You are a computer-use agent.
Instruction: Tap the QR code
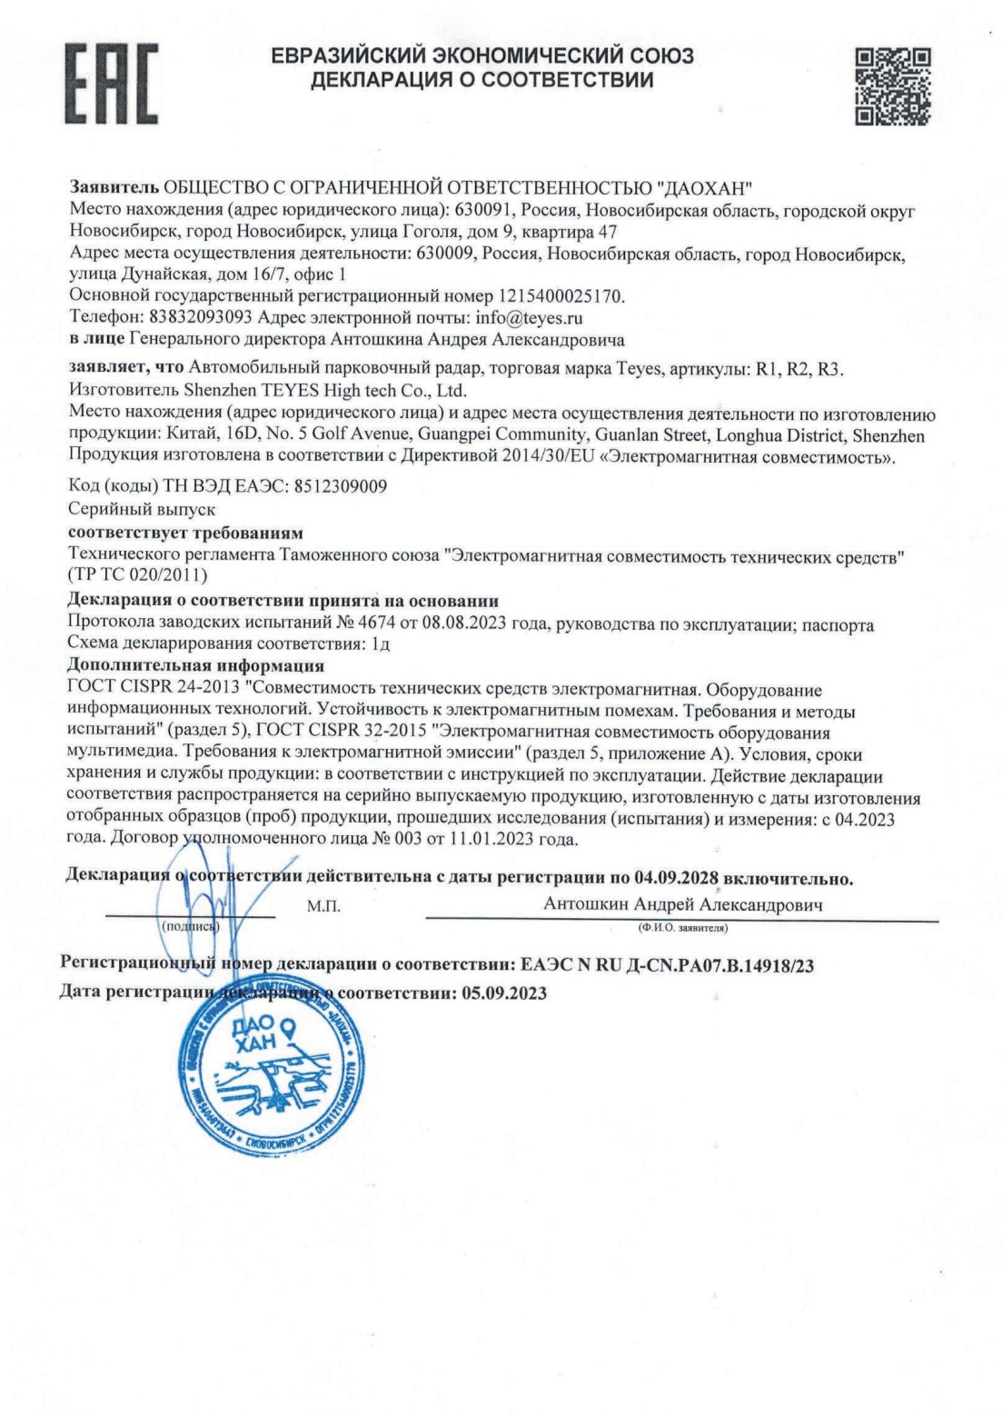click(x=893, y=85)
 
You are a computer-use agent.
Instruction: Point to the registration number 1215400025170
click(x=561, y=296)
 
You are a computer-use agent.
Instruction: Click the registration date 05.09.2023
click(x=503, y=993)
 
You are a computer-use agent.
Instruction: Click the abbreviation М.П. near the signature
click(x=324, y=906)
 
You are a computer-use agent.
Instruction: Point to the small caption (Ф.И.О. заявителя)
click(x=681, y=928)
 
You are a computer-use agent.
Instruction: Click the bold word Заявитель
click(x=114, y=188)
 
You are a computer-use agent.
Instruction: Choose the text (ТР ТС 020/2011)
click(x=138, y=575)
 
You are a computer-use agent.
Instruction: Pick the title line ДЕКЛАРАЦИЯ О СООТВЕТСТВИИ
click(x=481, y=81)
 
